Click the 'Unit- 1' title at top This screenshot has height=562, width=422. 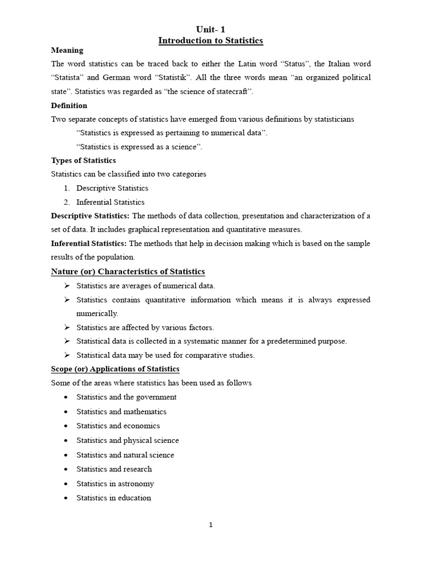(x=211, y=30)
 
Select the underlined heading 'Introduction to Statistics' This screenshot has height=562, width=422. (x=211, y=41)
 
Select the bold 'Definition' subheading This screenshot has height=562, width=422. (x=69, y=105)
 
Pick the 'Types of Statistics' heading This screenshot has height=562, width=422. (x=84, y=160)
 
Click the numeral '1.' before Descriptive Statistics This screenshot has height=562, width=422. (x=68, y=188)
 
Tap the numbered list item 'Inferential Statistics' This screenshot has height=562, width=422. (x=110, y=202)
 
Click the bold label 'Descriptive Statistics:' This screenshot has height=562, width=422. (x=90, y=216)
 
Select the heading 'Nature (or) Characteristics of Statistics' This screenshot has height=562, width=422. (x=127, y=272)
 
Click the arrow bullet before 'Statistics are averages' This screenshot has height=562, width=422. (x=66, y=285)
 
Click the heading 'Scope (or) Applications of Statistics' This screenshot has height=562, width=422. (x=115, y=369)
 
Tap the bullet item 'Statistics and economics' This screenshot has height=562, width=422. (x=118, y=426)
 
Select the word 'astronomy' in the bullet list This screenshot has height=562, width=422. (x=136, y=484)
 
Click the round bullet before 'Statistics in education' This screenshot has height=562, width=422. (x=66, y=498)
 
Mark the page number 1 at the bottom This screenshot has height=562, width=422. (x=210, y=525)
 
